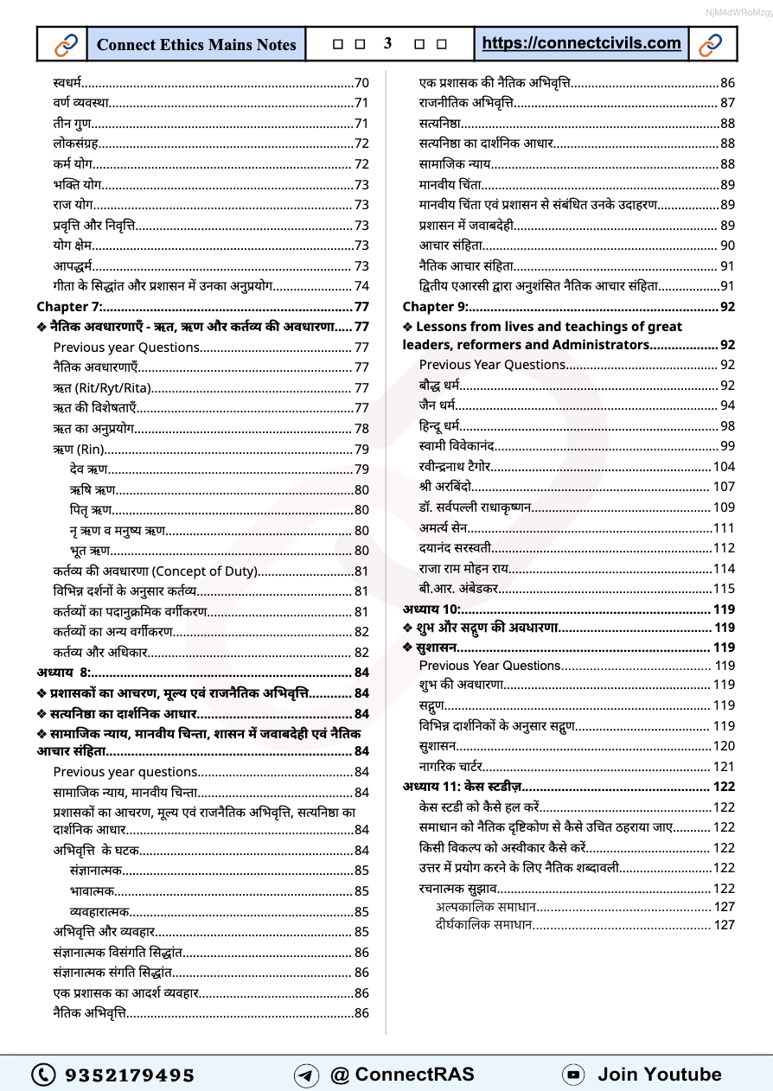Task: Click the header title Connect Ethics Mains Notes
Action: click(x=196, y=44)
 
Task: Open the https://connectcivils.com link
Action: click(x=581, y=43)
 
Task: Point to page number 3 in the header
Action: click(x=388, y=43)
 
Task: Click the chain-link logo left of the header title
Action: click(x=66, y=44)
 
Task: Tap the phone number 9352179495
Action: click(x=130, y=1075)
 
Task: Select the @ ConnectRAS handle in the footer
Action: click(x=402, y=1075)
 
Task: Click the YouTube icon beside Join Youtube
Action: click(x=572, y=1075)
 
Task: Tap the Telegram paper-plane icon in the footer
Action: click(x=306, y=1075)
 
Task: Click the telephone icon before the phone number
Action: click(x=43, y=1075)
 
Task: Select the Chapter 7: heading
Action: click(x=70, y=306)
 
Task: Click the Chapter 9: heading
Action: click(x=436, y=306)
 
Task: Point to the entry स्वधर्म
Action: click(x=67, y=83)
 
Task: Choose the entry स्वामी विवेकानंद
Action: click(x=456, y=446)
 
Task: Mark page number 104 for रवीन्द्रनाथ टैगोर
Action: click(x=723, y=466)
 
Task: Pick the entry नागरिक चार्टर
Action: click(x=450, y=767)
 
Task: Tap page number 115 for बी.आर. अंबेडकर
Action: click(x=723, y=589)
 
